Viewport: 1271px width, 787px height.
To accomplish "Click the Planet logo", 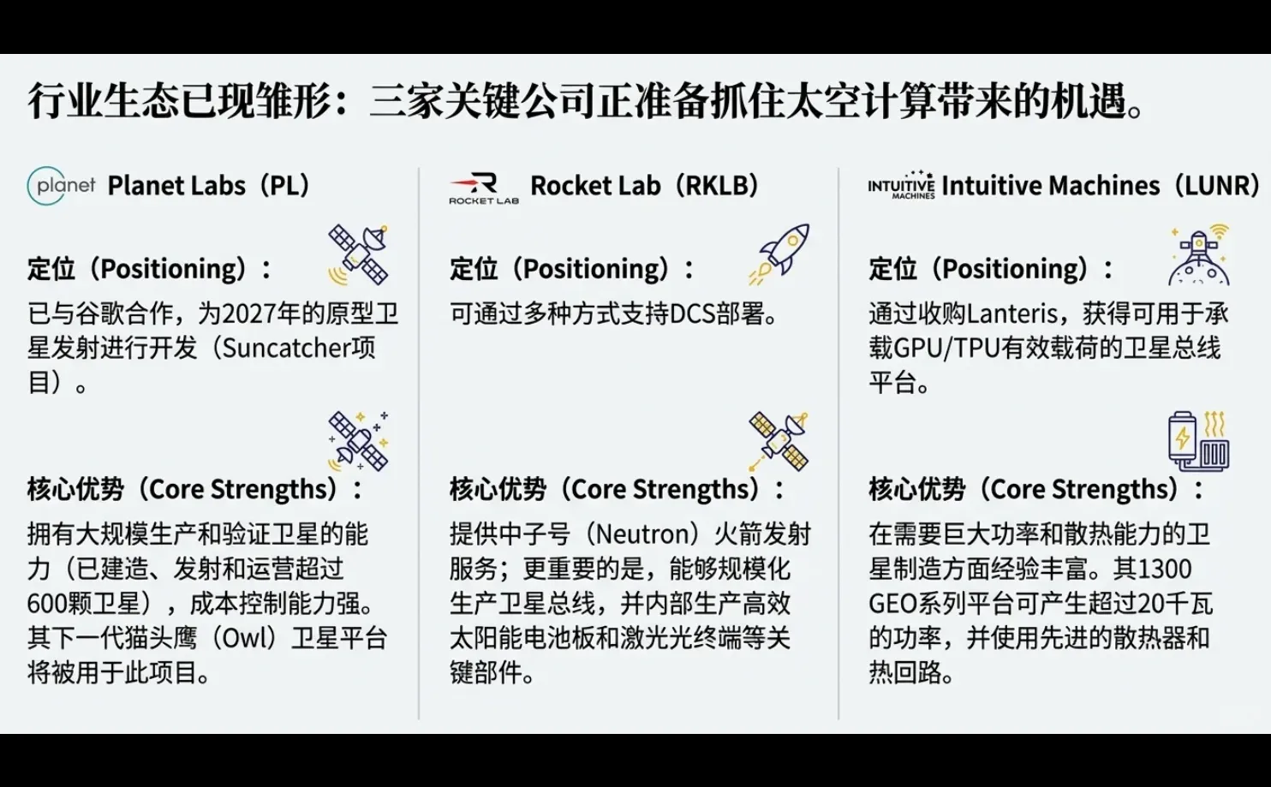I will tap(61, 185).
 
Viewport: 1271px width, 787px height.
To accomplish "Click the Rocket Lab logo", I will tap(484, 188).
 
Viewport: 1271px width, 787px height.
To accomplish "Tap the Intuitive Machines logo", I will tap(901, 185).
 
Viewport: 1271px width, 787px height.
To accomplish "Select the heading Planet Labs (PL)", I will tap(208, 186).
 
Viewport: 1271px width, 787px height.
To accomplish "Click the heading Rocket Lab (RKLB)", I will tap(644, 186).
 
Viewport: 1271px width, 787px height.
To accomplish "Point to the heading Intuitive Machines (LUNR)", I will tap(1100, 186).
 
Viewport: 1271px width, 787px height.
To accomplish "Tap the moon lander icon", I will tap(1199, 255).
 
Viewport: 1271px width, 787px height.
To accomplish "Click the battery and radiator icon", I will tap(1198, 440).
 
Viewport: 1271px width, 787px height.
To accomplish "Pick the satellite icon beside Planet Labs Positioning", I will tap(359, 254).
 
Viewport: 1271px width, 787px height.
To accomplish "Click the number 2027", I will tap(249, 313).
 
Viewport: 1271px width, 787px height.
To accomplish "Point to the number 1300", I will tap(1166, 569).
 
